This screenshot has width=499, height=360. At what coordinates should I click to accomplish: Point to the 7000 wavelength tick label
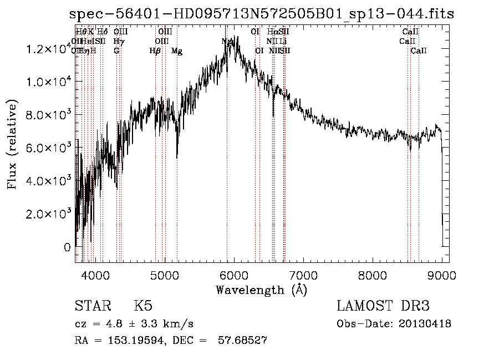[303, 275]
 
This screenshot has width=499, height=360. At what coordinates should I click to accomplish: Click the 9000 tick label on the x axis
[442, 275]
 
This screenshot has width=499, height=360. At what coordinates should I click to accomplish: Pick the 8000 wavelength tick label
[373, 275]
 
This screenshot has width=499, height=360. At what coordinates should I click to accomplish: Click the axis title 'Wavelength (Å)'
[261, 290]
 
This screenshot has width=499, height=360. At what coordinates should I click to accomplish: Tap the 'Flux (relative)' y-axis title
[12, 144]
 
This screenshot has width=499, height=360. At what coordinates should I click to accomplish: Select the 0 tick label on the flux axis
[67, 247]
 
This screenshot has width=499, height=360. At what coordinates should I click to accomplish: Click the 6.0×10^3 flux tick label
[49, 148]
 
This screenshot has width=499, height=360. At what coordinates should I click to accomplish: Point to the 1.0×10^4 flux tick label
[49, 82]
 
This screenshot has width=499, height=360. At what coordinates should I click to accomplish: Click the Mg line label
[177, 51]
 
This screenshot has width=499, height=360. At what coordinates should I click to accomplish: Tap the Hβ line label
[155, 51]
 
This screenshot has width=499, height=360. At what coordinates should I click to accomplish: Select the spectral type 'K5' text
[144, 306]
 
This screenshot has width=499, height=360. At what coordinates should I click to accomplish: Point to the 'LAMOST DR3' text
[383, 306]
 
